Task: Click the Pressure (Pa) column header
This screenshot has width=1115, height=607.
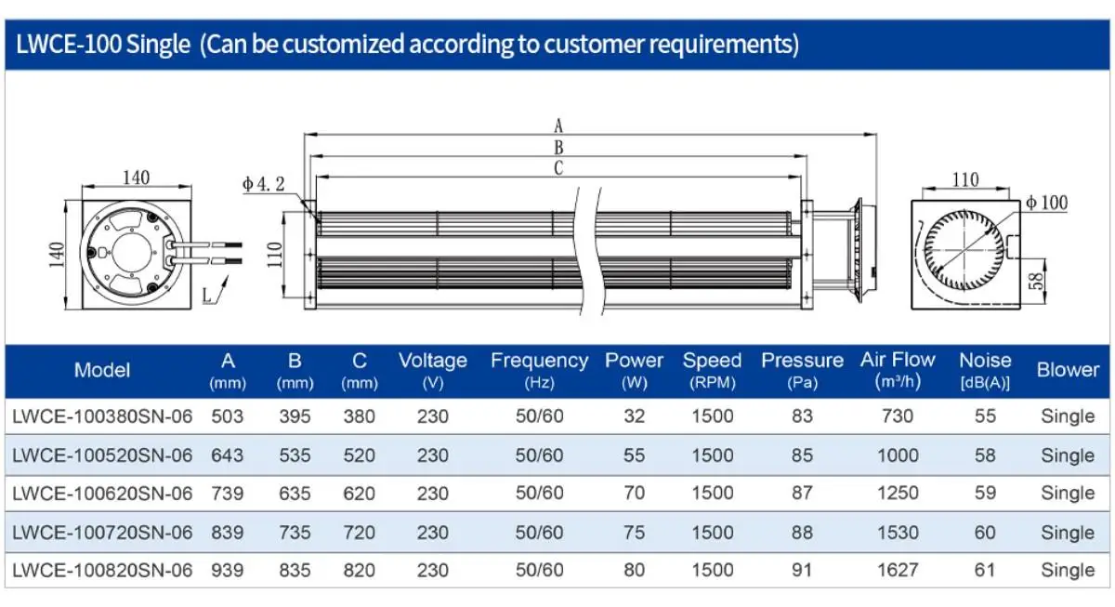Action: point(802,371)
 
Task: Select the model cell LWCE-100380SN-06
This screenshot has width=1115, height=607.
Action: point(102,416)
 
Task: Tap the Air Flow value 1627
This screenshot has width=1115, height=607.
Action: point(898,570)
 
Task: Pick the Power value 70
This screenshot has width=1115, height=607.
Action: point(634,493)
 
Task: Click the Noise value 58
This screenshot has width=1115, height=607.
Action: point(985,455)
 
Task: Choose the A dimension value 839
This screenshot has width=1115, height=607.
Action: point(227,533)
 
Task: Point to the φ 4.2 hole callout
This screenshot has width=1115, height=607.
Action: point(263,184)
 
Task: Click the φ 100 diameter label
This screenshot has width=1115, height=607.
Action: point(1047,203)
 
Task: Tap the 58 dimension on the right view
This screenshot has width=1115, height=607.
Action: point(1036,282)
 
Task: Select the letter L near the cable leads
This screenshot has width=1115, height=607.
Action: point(206,296)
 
